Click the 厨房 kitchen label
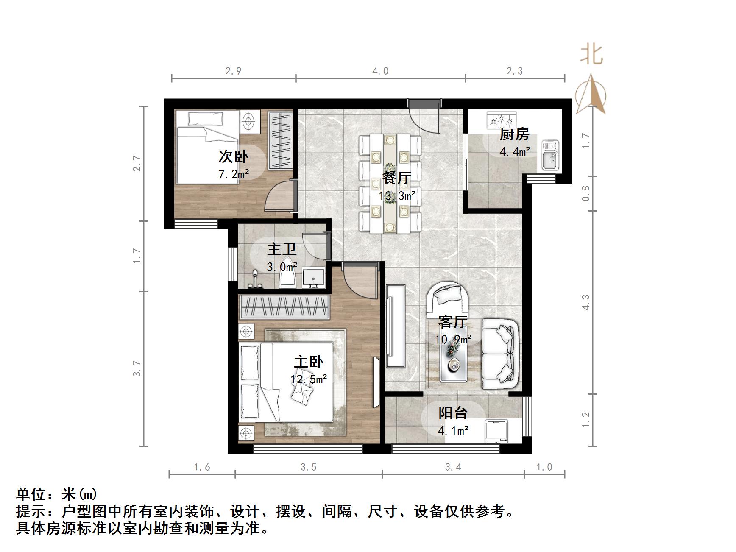pos(514,134)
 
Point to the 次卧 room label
pos(233,156)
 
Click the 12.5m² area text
pos(309,379)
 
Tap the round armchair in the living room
pos(448,299)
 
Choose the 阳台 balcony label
pos(453,413)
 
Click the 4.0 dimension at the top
pos(380,71)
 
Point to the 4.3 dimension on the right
pos(586,302)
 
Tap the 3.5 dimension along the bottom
pos(309,467)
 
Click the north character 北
pos(592,55)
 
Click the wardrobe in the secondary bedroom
pos(281,140)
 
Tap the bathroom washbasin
pos(314,278)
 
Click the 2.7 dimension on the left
pos(137,163)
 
